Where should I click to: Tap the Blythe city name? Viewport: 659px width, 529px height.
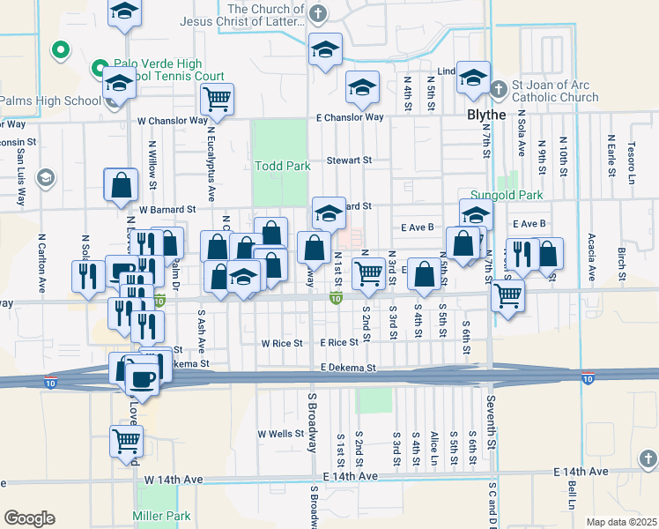pyautogui.click(x=486, y=115)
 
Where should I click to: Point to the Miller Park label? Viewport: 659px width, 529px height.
pyautogui.click(x=161, y=515)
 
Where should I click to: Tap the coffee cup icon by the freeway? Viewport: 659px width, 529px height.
pyautogui.click(x=141, y=378)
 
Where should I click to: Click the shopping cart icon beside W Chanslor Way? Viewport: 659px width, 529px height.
pyautogui.click(x=217, y=100)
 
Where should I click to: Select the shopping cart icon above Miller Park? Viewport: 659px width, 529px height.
pyautogui.click(x=126, y=441)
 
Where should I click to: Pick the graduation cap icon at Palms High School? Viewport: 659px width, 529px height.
pyautogui.click(x=118, y=86)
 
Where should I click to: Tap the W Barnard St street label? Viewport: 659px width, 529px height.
pyautogui.click(x=167, y=210)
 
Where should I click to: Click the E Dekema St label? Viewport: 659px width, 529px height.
pyautogui.click(x=348, y=368)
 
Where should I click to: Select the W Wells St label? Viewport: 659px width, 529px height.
pyautogui.click(x=280, y=434)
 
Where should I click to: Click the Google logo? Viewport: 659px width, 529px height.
pyautogui.click(x=29, y=518)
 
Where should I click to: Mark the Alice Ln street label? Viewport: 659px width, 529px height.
pyautogui.click(x=434, y=448)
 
